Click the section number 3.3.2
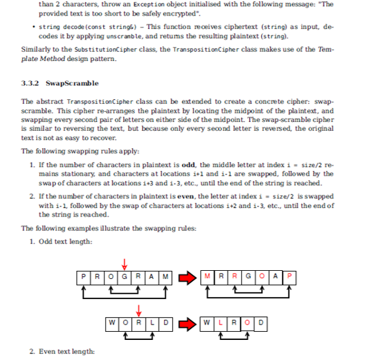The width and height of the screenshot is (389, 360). [31, 83]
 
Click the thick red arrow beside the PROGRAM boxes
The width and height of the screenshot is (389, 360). [187, 277]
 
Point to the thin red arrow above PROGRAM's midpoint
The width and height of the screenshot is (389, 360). [126, 263]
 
